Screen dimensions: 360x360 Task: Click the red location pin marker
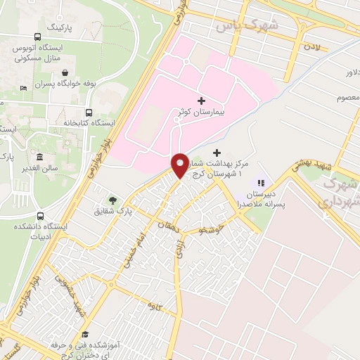[x=180, y=165]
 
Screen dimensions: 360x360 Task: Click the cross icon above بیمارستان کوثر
[x=202, y=101]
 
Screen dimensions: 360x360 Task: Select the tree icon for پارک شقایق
[x=112, y=200]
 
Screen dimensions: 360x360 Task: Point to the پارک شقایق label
[x=114, y=211]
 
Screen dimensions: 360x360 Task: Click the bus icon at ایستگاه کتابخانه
[x=89, y=112]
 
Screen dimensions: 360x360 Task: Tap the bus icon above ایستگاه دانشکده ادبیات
[x=40, y=217]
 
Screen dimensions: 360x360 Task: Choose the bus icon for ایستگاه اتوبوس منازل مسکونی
[x=37, y=37]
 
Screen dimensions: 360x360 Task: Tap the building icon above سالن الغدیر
[x=40, y=156]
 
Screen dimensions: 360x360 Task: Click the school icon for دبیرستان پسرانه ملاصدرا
[x=261, y=182]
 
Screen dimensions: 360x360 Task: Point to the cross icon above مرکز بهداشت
[x=217, y=152]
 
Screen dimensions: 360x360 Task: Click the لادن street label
[x=311, y=46]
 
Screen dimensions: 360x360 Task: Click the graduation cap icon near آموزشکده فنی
[x=85, y=335]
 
